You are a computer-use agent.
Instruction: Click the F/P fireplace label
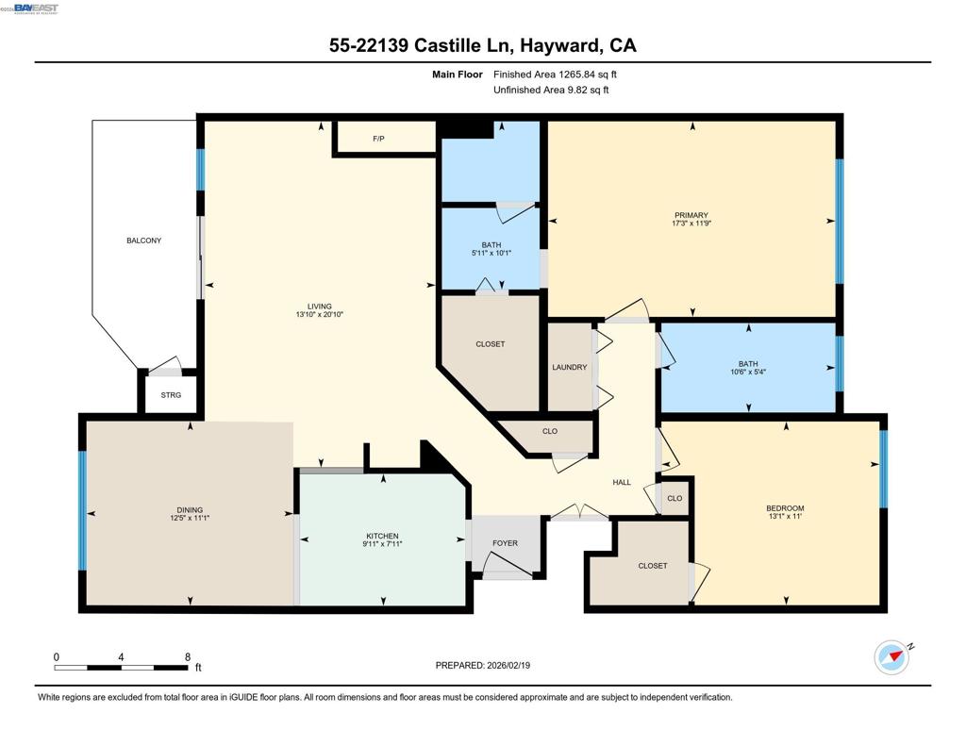point(378,139)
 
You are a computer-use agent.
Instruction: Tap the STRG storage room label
point(171,395)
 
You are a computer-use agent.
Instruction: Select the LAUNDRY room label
point(569,367)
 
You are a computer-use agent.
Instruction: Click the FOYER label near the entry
point(505,543)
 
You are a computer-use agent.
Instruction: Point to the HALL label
point(622,482)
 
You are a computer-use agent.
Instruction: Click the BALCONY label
point(143,240)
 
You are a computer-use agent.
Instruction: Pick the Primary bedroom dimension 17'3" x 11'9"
point(691,224)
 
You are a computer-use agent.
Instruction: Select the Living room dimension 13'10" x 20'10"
point(319,314)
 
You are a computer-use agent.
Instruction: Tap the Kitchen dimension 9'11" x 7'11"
point(383,544)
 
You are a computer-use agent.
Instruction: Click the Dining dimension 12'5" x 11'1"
point(190,518)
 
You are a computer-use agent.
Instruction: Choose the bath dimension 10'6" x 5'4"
point(748,373)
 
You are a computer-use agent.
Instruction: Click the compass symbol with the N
point(892,656)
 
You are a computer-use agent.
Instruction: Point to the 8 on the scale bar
point(188,657)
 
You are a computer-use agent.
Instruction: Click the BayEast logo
point(36,8)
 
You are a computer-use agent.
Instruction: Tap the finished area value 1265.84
point(576,75)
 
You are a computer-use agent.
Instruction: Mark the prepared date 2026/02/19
point(508,665)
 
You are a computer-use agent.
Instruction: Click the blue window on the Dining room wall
point(82,511)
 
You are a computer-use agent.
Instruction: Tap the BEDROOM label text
point(785,508)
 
